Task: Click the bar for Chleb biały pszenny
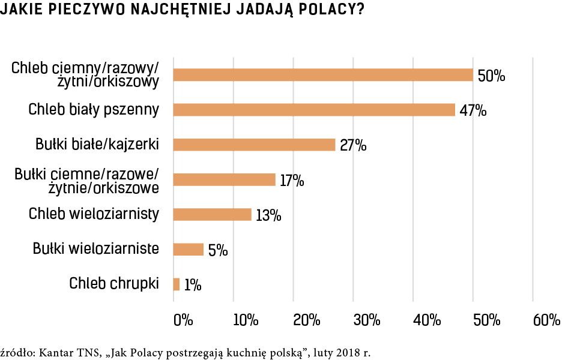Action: pos(314,110)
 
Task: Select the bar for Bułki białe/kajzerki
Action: pos(254,145)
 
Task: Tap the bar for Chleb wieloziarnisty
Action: pos(212,214)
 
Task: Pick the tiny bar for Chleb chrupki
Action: pos(177,284)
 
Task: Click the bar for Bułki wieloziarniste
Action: pos(189,249)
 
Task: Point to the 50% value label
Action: pos(491,76)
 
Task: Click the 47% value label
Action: pos(473,111)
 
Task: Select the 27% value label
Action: pos(352,146)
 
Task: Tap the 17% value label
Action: pos(292,180)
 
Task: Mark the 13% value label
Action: pos(268,215)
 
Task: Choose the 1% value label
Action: pos(192,285)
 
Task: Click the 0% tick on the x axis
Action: pos(183,320)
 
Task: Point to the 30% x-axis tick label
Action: pos(367,320)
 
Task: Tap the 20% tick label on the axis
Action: pos(306,320)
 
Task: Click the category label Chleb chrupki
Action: pos(114,283)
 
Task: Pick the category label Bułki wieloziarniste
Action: pos(96,248)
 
